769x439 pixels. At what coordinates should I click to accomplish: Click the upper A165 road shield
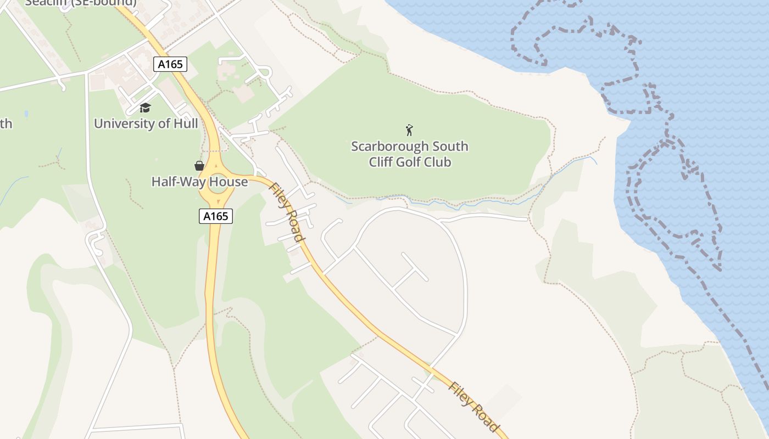(170, 64)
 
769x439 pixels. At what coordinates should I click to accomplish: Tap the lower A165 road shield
(215, 216)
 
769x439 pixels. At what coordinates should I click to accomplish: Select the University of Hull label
(146, 123)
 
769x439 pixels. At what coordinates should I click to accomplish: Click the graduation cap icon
(145, 108)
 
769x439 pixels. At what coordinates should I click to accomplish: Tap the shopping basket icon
(199, 166)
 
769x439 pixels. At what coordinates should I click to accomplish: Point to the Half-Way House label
(199, 182)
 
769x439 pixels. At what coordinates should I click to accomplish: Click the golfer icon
(409, 130)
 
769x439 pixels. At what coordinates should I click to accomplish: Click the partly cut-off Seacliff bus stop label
(80, 3)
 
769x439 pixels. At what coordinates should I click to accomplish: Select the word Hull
(185, 123)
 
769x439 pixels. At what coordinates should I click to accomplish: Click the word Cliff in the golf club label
(382, 162)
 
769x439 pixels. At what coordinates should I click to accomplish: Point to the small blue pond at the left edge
(26, 114)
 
